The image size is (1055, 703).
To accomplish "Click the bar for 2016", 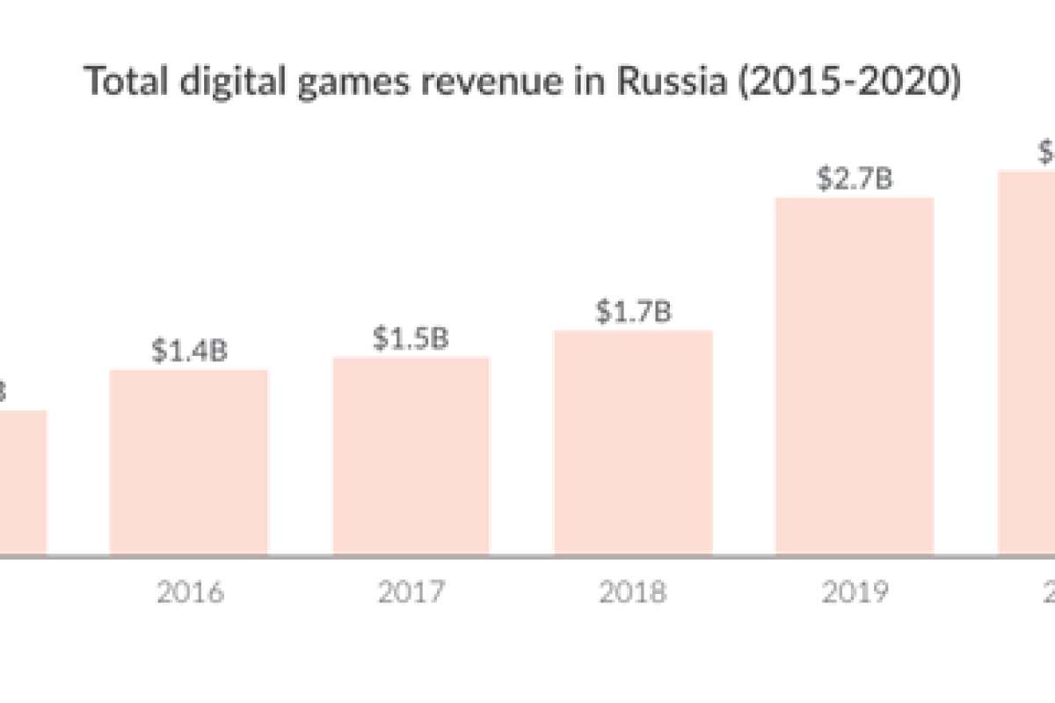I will (188, 462).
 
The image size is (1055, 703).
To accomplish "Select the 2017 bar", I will (411, 456).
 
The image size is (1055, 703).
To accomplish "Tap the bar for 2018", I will (633, 443).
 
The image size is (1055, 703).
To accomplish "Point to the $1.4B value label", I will (189, 351).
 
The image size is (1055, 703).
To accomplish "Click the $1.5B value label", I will (411, 338).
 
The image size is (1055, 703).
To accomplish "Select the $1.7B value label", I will (633, 312).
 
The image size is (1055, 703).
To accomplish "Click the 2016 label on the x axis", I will (190, 592).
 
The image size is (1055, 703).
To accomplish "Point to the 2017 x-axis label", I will (411, 592).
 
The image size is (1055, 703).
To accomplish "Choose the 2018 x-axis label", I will (633, 592).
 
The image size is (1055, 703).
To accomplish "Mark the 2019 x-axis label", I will (855, 592).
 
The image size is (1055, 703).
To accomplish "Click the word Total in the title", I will (117, 83).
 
